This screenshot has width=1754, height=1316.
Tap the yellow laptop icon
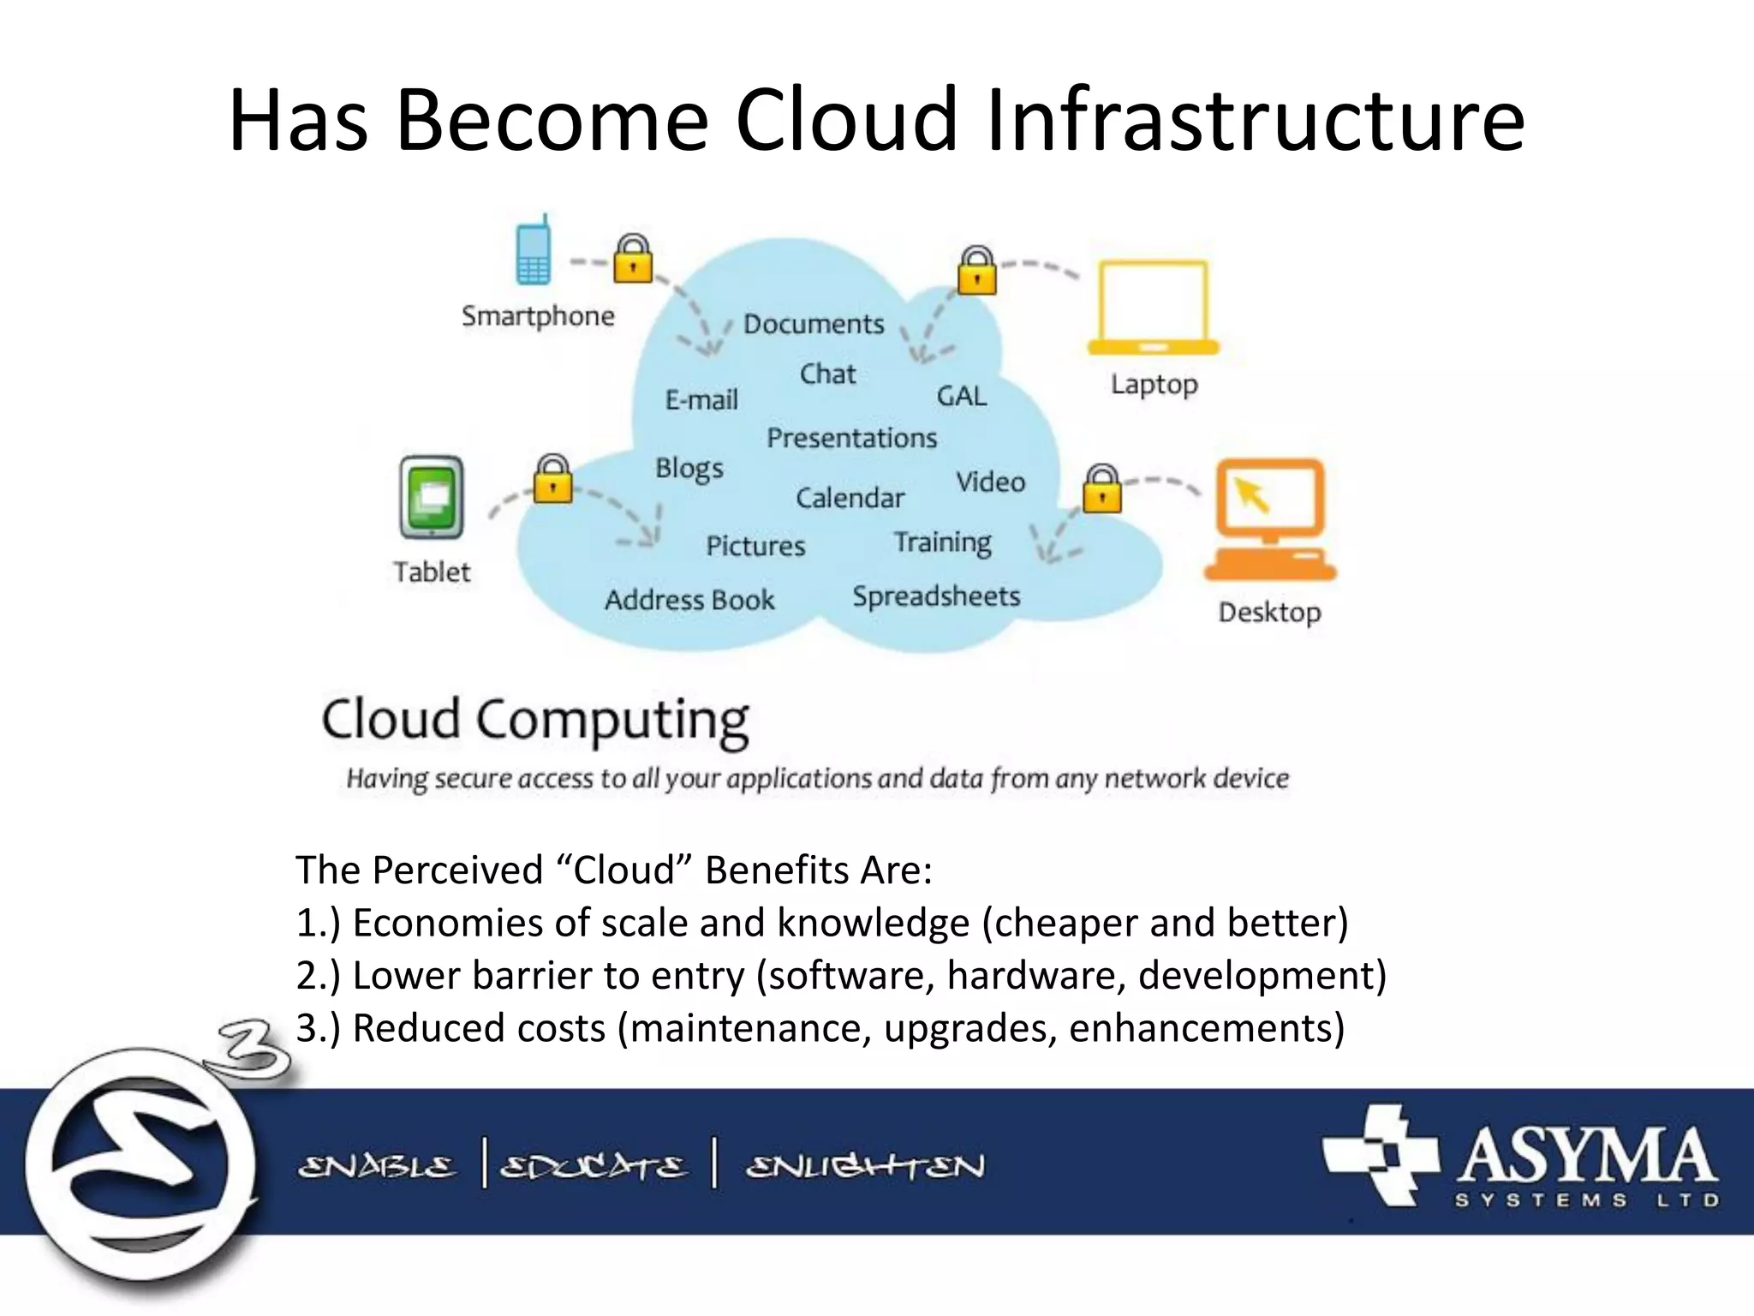point(1153,308)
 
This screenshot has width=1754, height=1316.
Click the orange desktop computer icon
point(1270,519)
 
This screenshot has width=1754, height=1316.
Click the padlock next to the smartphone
point(633,260)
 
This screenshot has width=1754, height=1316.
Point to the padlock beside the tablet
point(553,481)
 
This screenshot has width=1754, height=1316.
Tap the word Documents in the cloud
point(813,324)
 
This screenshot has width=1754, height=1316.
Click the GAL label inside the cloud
point(961,396)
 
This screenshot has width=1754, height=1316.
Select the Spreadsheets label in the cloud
point(936,596)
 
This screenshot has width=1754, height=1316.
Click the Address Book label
point(689,600)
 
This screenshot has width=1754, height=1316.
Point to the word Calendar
point(850,498)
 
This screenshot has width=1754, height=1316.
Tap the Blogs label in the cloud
point(689,469)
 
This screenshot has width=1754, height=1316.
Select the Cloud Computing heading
point(535,720)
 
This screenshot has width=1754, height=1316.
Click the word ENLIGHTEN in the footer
point(865,1166)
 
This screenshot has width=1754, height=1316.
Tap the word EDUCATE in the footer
point(593,1167)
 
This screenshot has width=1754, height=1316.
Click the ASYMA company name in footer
point(1586,1157)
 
